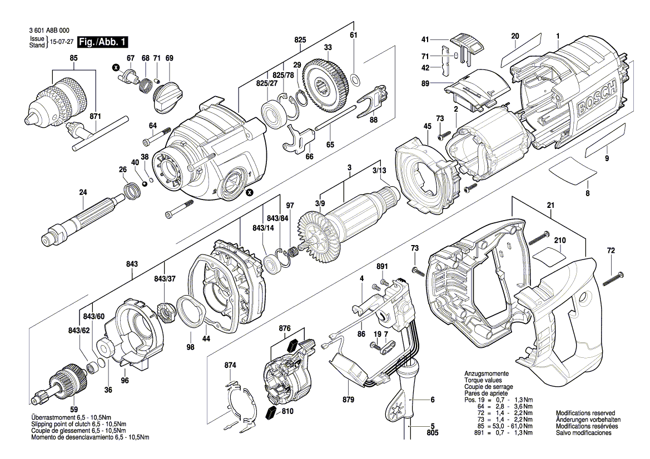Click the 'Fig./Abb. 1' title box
point(103,42)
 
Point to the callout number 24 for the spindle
point(83,193)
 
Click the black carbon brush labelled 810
point(271,412)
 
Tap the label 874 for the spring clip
point(230,365)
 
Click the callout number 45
point(427,127)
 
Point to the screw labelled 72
point(612,275)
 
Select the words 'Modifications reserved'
point(585,413)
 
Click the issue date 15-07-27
point(62,42)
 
